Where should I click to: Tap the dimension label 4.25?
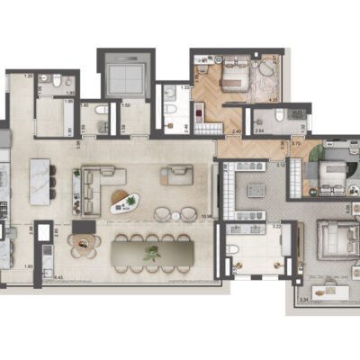tap(274, 102)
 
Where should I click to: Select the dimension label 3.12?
tap(280, 165)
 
